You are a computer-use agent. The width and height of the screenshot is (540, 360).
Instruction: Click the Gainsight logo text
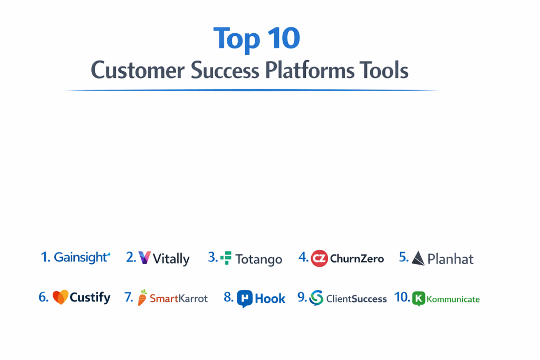[x=82, y=257]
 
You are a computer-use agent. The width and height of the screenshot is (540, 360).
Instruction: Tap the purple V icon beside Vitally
[x=144, y=257]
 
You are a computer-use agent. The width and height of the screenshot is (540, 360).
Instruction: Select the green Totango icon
[x=226, y=258]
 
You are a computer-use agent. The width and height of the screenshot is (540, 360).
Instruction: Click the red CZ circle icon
[x=319, y=258]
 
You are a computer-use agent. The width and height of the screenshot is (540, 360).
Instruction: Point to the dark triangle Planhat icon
[x=418, y=258]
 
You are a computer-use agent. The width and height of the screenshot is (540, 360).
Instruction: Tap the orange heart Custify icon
[x=60, y=297]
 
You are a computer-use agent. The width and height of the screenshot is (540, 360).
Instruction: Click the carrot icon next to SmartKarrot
[x=142, y=297]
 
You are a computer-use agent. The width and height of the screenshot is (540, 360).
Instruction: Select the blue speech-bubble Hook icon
[x=245, y=299]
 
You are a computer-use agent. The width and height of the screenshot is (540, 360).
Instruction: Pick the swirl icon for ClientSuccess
[x=316, y=298]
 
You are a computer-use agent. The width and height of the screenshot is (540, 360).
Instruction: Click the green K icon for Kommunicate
[x=418, y=298]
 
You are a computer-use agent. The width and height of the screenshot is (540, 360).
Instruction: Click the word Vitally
[x=171, y=259]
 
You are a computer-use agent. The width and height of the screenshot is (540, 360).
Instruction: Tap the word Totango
[x=259, y=259]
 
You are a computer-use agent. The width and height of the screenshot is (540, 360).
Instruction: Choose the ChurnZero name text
[x=357, y=258]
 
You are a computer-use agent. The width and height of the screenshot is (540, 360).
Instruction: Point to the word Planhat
[x=450, y=259]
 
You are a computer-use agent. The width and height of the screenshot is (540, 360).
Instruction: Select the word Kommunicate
[x=453, y=299]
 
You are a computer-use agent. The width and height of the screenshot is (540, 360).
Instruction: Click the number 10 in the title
[x=283, y=38]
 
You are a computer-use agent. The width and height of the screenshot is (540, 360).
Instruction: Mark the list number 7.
[x=129, y=297]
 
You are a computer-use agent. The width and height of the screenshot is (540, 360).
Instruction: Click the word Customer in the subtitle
[x=138, y=70]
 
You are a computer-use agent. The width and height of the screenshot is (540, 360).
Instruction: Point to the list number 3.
[x=213, y=257]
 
